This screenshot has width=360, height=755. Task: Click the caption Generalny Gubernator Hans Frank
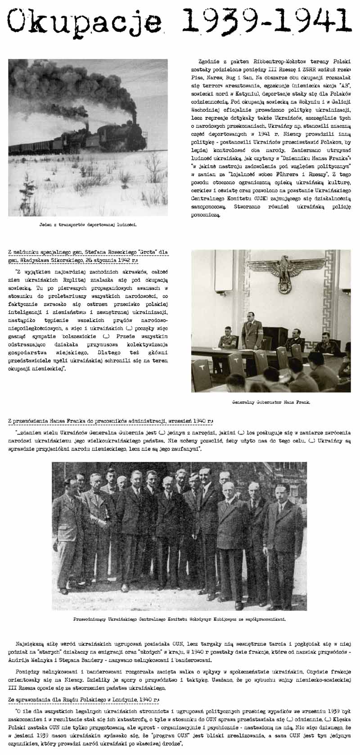point(271,402)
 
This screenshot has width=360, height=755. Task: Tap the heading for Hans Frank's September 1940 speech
point(111,421)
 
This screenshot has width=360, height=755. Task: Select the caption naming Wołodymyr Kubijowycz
point(180,619)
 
